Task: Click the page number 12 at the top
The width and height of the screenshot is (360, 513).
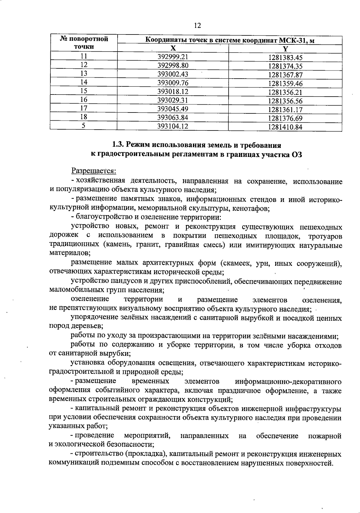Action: point(197,25)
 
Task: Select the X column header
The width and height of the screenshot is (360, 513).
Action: point(173,49)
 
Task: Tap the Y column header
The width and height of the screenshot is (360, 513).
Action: point(285,49)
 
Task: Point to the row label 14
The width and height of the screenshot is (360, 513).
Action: point(84,83)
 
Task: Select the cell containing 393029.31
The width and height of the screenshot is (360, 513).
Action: point(173,100)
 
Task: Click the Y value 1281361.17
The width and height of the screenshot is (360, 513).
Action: point(285,109)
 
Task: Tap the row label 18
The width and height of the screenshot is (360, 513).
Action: point(84,117)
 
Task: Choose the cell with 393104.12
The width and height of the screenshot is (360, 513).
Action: point(173,126)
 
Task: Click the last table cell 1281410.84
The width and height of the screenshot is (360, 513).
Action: point(285,127)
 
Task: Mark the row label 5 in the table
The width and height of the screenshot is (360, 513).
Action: point(84,126)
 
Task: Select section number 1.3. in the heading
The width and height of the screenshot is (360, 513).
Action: point(118,145)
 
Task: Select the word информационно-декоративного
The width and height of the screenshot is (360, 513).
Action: point(288,381)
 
